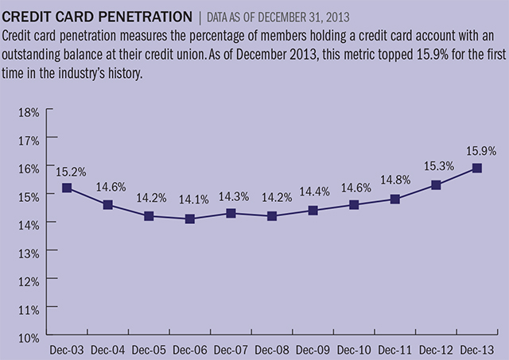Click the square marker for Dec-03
point(67,188)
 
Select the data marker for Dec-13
point(477,168)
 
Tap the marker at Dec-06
point(190,219)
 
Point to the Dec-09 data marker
point(313,211)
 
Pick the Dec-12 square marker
point(436,184)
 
